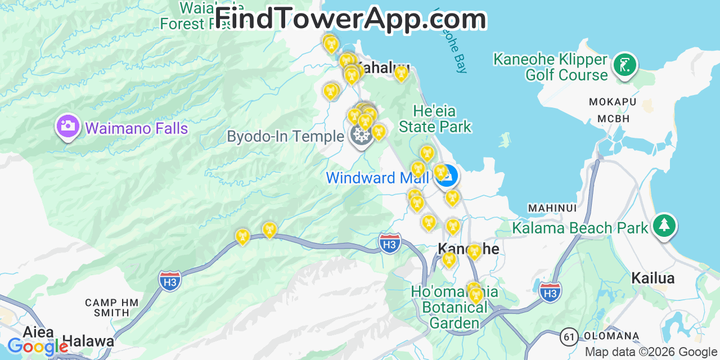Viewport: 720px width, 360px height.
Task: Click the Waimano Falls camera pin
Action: point(67,126)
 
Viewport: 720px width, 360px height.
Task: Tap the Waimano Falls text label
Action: point(136,128)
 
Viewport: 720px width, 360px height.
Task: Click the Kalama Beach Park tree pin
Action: point(664,225)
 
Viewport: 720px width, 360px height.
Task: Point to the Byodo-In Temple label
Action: point(285,137)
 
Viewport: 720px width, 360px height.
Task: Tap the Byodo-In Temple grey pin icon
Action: point(361,136)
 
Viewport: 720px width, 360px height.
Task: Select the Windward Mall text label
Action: point(377,178)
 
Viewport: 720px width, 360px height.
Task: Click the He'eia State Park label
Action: point(435,119)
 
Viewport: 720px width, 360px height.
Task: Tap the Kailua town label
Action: point(652,278)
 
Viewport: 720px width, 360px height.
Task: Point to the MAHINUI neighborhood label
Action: point(552,208)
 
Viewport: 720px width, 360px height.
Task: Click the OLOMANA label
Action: point(611,336)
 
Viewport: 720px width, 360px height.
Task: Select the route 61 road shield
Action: point(569,337)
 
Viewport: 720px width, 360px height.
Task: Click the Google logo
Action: point(37,346)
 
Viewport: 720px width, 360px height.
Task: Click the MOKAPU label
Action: point(612,102)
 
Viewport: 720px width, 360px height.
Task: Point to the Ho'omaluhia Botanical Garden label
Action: point(454,308)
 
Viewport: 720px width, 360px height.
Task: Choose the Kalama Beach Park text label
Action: point(580,228)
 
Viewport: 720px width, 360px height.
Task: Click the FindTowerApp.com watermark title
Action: point(350,19)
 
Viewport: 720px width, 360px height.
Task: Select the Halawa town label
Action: point(88,341)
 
